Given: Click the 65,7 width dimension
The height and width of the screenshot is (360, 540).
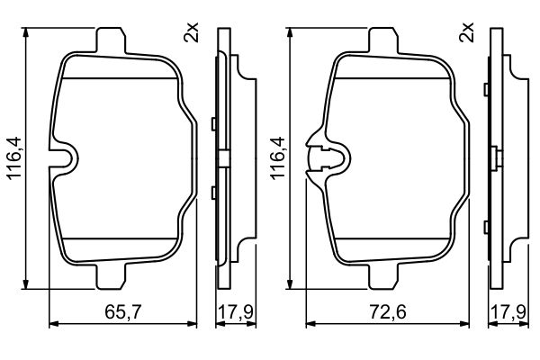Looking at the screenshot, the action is click(123, 312).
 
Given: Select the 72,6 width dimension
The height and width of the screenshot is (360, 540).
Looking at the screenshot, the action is click(388, 312).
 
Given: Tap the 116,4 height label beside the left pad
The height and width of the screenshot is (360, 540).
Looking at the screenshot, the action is click(14, 157).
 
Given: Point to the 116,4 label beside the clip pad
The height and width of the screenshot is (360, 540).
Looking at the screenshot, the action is click(278, 157).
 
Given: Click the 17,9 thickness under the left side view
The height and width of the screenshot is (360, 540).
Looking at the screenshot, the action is click(236, 312).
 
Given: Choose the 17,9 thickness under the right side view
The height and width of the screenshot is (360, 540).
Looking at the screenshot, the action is click(509, 312).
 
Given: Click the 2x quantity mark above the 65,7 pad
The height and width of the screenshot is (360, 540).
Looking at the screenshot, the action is click(191, 32).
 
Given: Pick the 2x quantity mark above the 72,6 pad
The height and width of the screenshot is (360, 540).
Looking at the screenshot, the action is click(466, 32).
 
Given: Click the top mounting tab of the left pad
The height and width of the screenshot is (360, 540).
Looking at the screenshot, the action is click(111, 40).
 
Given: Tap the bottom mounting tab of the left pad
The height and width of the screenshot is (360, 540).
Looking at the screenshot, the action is click(111, 276).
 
